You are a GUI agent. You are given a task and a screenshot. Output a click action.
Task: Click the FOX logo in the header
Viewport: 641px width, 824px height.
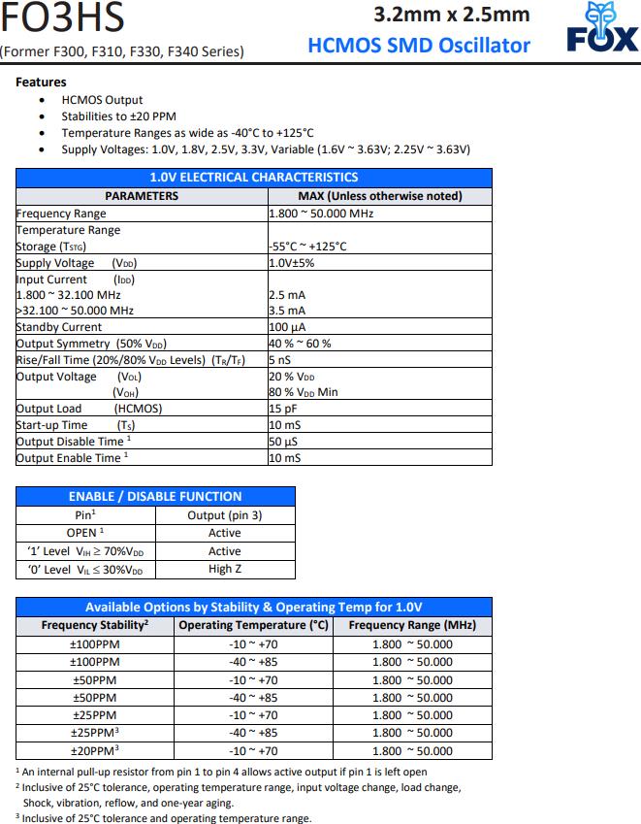[602, 28]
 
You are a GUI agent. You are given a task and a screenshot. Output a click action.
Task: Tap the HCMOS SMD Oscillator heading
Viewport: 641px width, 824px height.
[419, 45]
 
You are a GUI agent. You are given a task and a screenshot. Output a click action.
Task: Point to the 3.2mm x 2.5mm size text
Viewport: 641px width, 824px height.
[452, 14]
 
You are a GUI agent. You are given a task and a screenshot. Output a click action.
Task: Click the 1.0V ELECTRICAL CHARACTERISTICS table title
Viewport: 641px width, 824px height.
[254, 177]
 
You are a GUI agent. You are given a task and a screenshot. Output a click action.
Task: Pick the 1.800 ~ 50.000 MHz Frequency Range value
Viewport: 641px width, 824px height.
[321, 213]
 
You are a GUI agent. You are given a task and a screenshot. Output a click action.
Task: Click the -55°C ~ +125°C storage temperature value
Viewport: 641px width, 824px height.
[308, 247]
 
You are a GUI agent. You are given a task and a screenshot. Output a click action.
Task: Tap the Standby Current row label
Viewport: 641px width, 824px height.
[59, 327]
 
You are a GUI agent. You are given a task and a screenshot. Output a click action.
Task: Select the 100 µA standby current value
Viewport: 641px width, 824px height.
[287, 327]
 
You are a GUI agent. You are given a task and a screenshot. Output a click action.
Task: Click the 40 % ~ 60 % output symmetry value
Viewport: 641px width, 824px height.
[301, 344]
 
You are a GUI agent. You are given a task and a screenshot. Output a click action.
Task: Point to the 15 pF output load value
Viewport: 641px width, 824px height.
[284, 409]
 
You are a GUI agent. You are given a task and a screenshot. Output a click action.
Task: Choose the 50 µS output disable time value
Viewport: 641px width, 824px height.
[284, 442]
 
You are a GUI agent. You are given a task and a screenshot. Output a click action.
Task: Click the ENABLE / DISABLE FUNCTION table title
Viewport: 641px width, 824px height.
[155, 496]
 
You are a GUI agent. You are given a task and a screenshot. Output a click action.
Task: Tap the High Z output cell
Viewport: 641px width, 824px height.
[225, 569]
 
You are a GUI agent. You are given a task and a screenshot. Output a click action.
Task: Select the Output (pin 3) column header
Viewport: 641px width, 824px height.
[225, 515]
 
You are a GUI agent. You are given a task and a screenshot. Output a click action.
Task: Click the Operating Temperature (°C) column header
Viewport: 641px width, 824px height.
[254, 625]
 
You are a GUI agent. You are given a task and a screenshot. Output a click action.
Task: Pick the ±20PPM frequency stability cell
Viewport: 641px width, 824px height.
[94, 750]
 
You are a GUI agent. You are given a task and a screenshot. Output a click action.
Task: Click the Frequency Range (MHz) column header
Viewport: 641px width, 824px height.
[412, 625]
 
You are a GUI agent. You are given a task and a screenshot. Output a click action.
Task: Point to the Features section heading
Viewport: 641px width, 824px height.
[41, 82]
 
